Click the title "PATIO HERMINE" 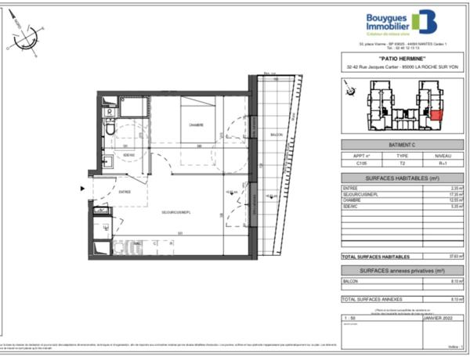click(402, 59)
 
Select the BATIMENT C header click(402, 146)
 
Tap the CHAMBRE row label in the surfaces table click(350, 200)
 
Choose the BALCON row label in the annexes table click(349, 282)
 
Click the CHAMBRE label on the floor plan click(195, 124)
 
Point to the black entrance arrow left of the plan click(81, 188)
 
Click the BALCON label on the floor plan click(276, 135)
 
